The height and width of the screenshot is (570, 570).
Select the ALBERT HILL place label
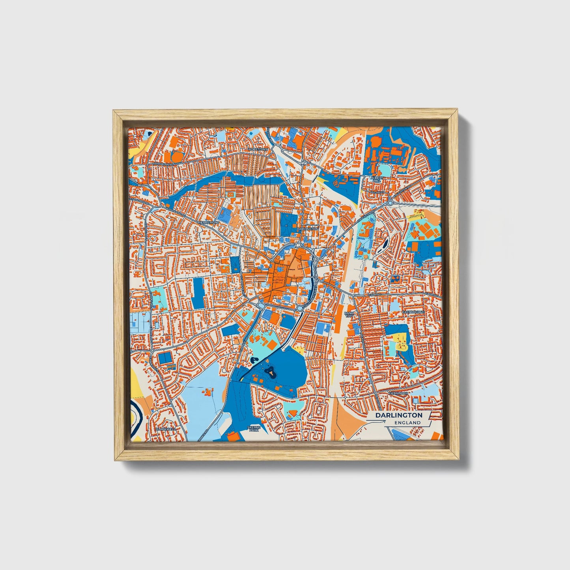tap(376, 179)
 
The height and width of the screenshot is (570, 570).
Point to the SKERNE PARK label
tap(253, 429)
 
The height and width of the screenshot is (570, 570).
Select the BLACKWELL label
tap(165, 429)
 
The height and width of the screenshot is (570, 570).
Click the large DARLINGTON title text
tap(399, 415)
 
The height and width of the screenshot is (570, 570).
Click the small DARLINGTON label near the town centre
tap(308, 229)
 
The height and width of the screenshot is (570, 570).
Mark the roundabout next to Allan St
tap(390, 202)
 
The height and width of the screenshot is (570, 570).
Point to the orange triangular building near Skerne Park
tap(292, 413)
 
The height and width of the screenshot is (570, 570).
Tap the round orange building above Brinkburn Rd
tap(178, 156)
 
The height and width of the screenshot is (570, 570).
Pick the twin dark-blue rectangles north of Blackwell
tap(165, 358)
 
